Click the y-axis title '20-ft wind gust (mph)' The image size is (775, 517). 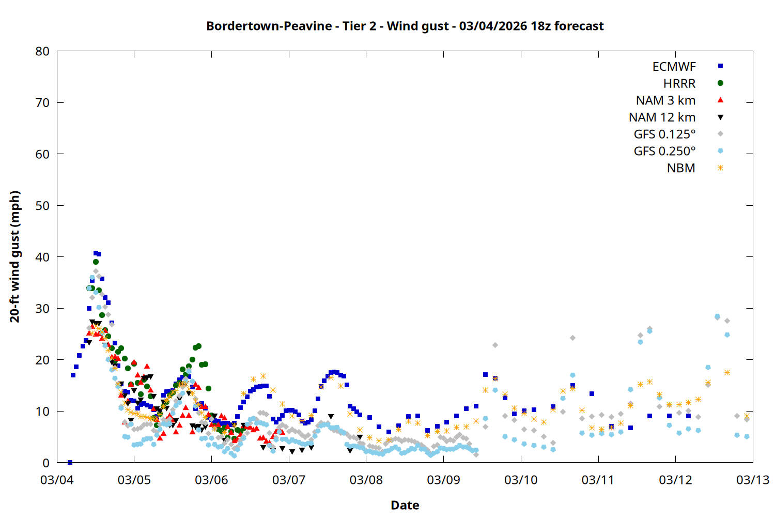(x=15, y=256)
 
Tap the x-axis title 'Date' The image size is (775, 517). (x=405, y=505)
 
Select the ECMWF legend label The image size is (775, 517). (x=674, y=67)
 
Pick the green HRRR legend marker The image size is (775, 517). (x=720, y=83)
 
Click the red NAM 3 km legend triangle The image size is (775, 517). (x=720, y=100)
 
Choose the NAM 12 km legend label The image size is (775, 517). (x=662, y=117)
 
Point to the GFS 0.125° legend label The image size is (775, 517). (x=664, y=134)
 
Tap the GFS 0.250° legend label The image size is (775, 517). (x=664, y=151)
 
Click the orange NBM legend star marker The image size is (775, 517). (x=720, y=168)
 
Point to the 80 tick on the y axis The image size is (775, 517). (x=42, y=51)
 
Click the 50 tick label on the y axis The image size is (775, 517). (x=42, y=205)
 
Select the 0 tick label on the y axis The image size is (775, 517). (x=46, y=463)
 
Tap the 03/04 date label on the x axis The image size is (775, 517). (x=57, y=480)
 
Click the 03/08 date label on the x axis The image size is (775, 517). (x=366, y=480)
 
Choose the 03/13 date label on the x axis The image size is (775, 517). (x=752, y=480)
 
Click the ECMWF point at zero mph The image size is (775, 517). (x=70, y=462)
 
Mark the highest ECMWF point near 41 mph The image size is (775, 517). (x=96, y=253)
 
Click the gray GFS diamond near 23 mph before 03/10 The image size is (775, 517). (x=495, y=345)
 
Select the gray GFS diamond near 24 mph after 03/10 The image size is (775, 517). (x=572, y=338)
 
